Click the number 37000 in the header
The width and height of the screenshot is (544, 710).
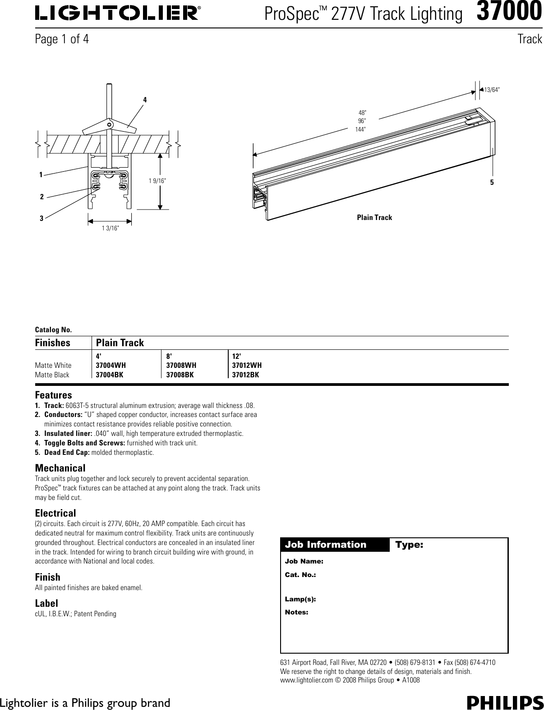point(509,12)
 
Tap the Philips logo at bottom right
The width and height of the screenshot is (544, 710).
point(505,702)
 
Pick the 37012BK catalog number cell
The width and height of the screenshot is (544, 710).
point(245,375)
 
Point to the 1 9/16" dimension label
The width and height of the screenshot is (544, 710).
point(157,181)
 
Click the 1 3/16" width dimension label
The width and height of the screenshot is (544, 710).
point(110,229)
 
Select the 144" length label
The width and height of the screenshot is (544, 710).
point(360,129)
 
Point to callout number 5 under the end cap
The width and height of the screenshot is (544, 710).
point(492,183)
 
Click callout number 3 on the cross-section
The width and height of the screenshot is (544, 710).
point(41,218)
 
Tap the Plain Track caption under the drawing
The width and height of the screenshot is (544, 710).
point(374,218)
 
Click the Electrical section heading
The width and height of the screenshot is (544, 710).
point(55,513)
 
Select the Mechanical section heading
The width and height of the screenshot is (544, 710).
point(60,468)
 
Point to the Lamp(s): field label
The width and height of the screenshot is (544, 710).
point(300,599)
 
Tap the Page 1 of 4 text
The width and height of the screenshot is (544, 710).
point(62,39)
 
